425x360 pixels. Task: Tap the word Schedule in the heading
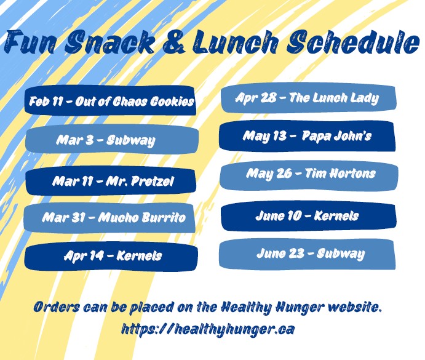[x=354, y=41]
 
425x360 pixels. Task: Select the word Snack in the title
[x=109, y=41]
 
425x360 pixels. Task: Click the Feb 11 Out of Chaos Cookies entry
[x=110, y=100]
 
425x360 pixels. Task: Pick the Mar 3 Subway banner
[x=112, y=139]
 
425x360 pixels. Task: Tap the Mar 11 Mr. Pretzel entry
[x=111, y=181]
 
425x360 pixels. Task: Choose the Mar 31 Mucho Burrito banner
[x=109, y=217]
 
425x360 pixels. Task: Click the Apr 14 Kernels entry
[x=111, y=255]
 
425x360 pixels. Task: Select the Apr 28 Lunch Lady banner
[x=309, y=97]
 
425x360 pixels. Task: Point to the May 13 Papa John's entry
[x=307, y=136]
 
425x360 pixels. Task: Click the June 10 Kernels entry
[x=309, y=215]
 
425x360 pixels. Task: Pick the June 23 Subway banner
[x=307, y=254]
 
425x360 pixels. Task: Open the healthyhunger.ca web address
[x=208, y=329]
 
